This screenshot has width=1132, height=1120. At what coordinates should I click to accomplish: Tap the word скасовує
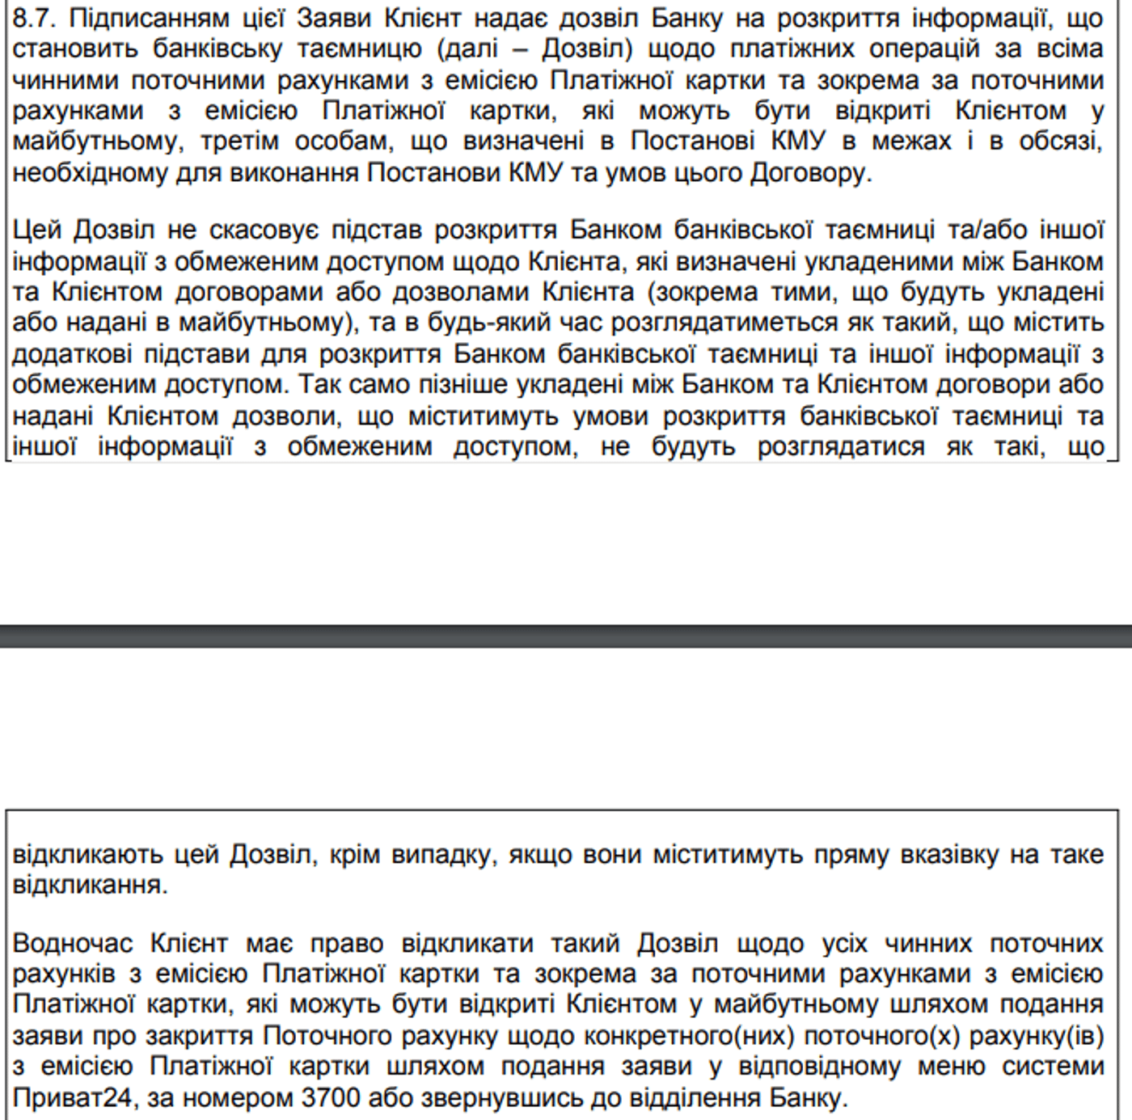pyautogui.click(x=264, y=230)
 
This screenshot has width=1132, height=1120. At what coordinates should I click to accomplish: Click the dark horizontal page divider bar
pyautogui.click(x=566, y=636)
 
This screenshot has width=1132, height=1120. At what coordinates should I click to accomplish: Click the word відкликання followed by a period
pyautogui.click(x=90, y=885)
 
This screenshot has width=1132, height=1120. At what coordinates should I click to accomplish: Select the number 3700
pyautogui.click(x=332, y=1097)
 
